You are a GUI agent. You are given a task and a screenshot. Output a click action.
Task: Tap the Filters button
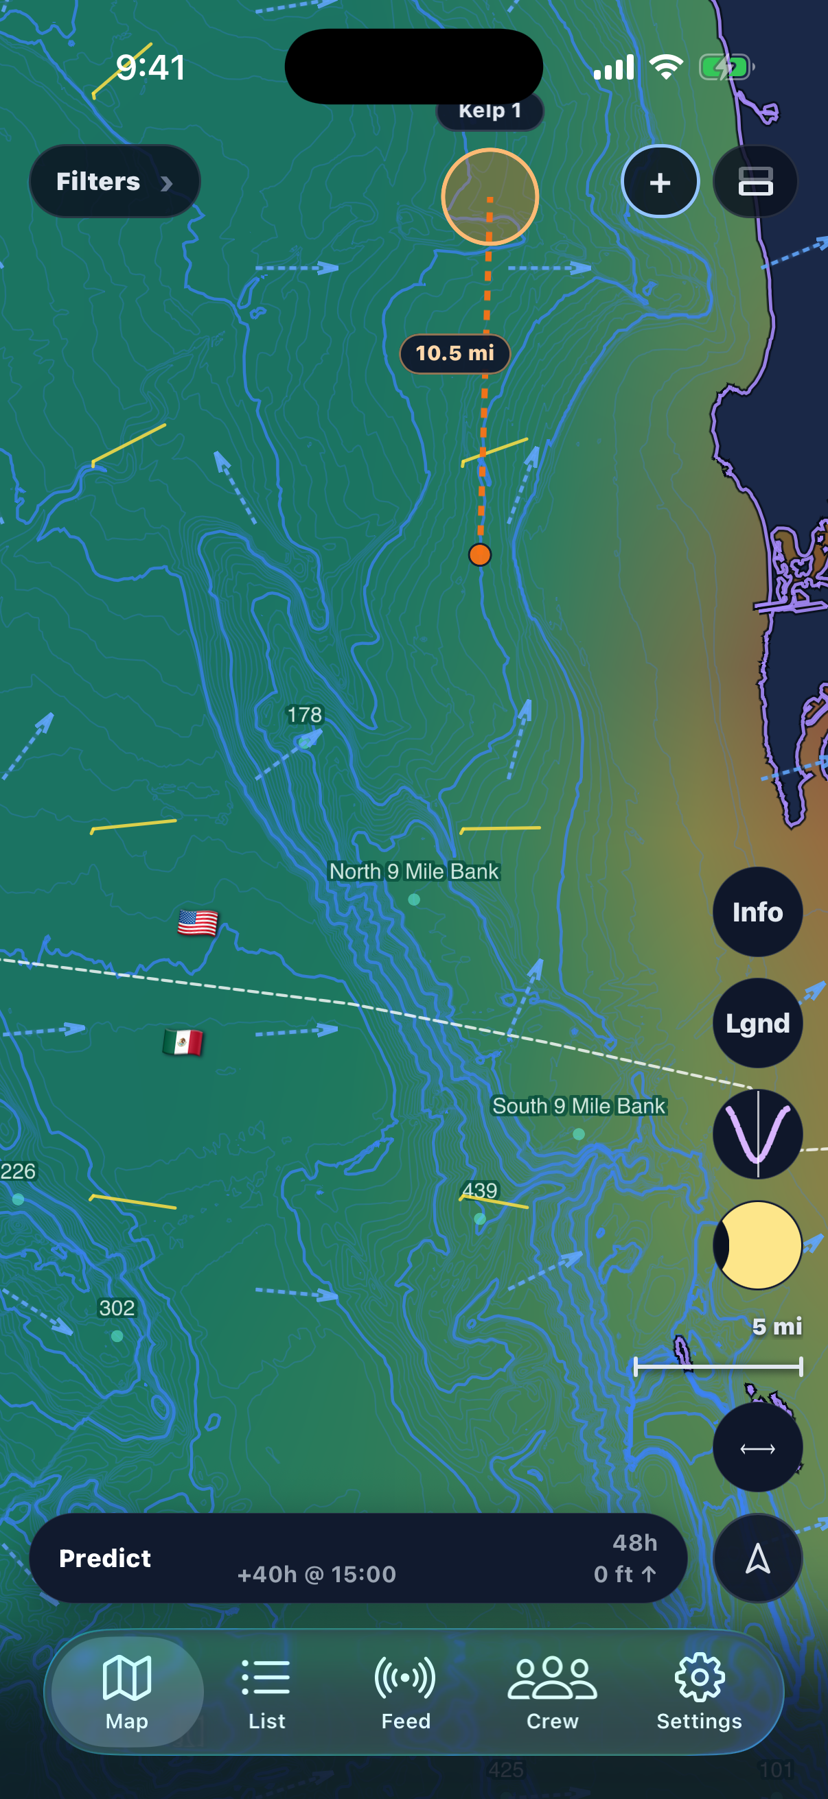(114, 182)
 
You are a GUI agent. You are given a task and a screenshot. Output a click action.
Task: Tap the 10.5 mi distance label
(455, 353)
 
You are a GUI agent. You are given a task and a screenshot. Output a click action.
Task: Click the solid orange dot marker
(480, 554)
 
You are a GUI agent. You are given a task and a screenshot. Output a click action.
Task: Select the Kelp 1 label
(490, 111)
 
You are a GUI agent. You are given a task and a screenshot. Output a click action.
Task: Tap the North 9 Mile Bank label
(415, 871)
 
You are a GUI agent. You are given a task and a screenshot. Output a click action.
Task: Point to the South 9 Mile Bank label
(579, 1106)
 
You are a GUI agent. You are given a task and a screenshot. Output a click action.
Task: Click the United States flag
(198, 923)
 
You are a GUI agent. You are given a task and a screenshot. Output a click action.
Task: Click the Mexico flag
(183, 1043)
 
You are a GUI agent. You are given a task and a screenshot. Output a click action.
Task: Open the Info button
(757, 912)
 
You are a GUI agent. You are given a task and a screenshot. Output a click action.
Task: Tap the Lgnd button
(757, 1023)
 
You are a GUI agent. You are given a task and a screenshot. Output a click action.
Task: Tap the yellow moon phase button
(757, 1245)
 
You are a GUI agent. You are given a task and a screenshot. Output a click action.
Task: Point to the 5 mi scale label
(777, 1326)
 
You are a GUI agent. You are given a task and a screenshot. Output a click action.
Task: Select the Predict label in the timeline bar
(105, 1558)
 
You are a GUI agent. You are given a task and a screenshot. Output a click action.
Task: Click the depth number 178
(305, 715)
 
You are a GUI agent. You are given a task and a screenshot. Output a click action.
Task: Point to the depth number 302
(117, 1308)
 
